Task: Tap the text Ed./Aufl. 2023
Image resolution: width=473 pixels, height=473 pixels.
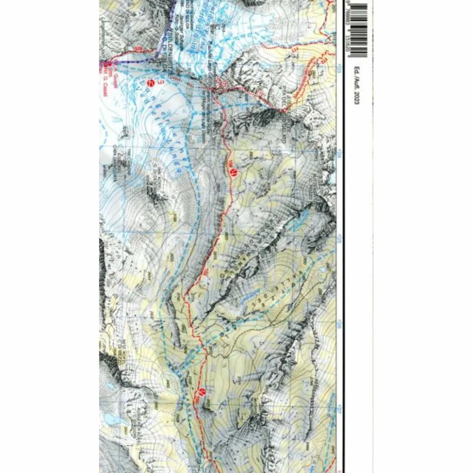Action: click(356, 85)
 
